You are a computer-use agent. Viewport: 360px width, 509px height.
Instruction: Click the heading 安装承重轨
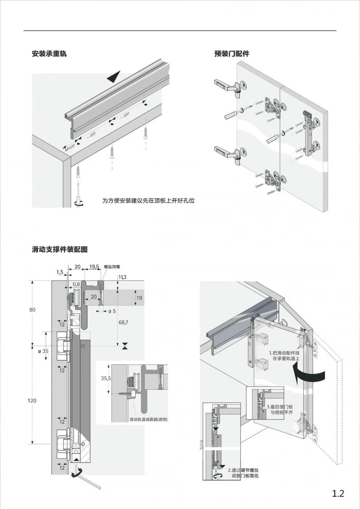tap(49, 54)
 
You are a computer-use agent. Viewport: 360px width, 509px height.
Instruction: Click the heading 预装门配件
tap(232, 54)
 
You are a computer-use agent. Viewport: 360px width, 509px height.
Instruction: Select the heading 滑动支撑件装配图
tap(60, 249)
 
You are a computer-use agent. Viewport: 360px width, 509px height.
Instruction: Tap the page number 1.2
tap(338, 493)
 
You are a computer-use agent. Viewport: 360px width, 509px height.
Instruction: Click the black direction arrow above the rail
tap(114, 77)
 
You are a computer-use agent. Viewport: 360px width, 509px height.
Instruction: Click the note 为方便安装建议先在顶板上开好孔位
tap(148, 201)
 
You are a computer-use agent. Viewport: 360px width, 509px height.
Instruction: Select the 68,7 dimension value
tap(123, 322)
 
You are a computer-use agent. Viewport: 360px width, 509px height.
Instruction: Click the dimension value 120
tap(32, 400)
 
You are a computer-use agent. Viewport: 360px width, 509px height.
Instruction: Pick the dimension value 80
tap(32, 310)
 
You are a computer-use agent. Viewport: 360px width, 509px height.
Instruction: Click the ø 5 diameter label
tap(112, 311)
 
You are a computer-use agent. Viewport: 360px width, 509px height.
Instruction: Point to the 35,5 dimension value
tap(106, 378)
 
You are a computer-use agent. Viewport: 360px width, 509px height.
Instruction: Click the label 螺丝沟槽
tap(112, 266)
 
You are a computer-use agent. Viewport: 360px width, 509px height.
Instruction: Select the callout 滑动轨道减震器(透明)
tap(148, 419)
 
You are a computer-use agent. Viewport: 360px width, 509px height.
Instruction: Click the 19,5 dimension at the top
tap(94, 266)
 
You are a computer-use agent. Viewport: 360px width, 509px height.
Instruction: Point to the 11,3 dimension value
tap(122, 277)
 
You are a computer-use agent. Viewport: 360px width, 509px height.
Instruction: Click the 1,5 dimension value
tap(60, 272)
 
